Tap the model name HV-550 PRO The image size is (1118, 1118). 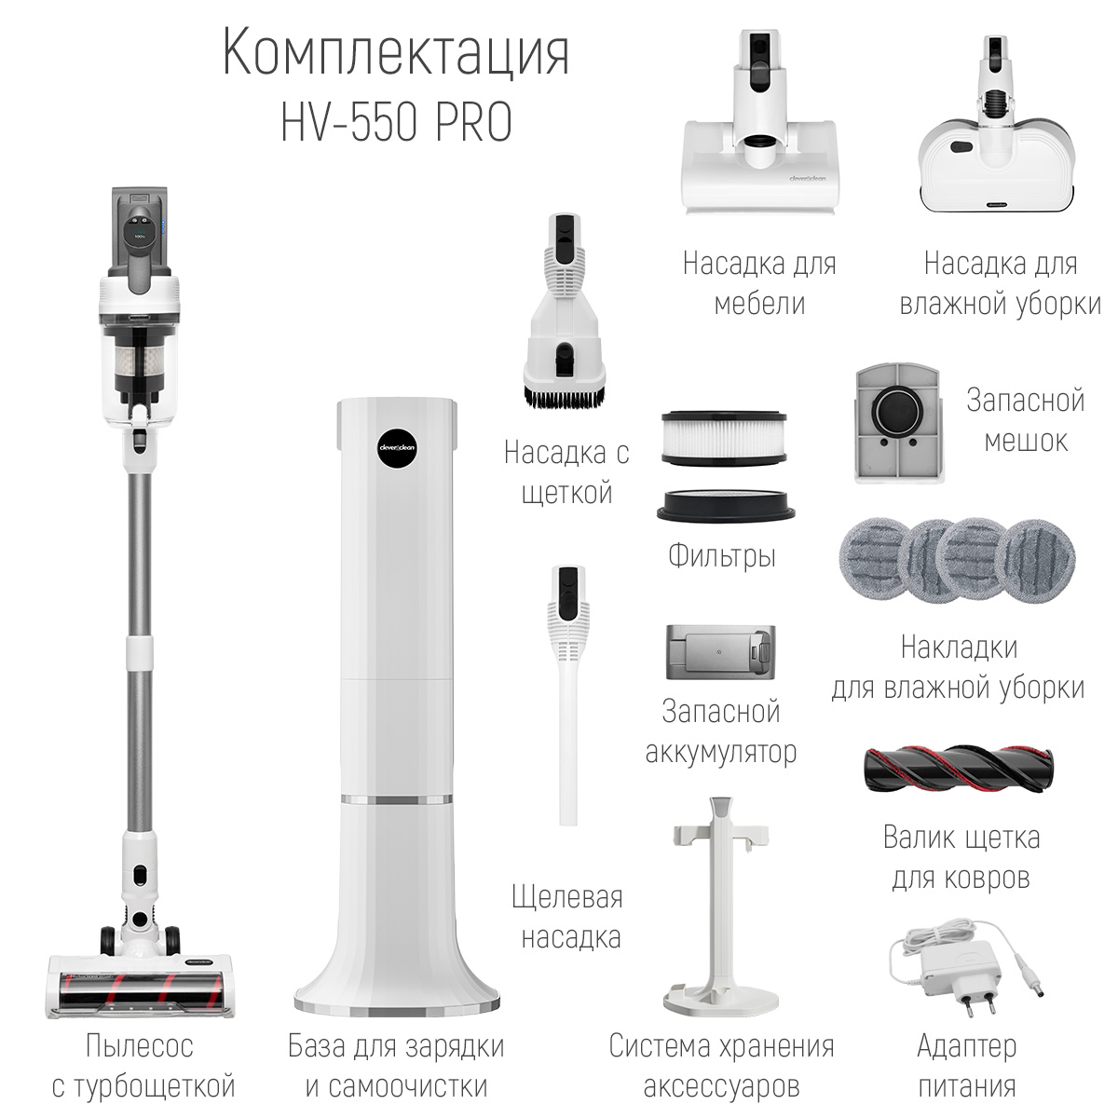[x=397, y=122]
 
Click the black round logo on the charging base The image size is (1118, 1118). [x=397, y=447]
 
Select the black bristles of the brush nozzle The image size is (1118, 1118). [x=564, y=395]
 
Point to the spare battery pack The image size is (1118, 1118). [x=720, y=652]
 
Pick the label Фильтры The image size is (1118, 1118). [x=722, y=556]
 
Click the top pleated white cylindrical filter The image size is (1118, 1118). [x=724, y=438]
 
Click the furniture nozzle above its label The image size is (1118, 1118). [x=760, y=122]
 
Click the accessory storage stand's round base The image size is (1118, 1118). [x=721, y=995]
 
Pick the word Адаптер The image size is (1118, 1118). [x=966, y=1046]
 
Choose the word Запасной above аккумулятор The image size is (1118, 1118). [x=720, y=711]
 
